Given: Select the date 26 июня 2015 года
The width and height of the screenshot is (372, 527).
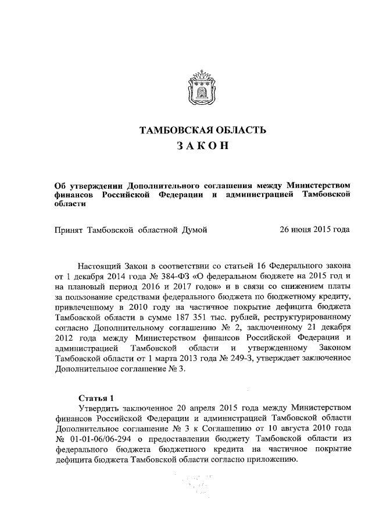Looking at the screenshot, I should (x=314, y=230).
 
